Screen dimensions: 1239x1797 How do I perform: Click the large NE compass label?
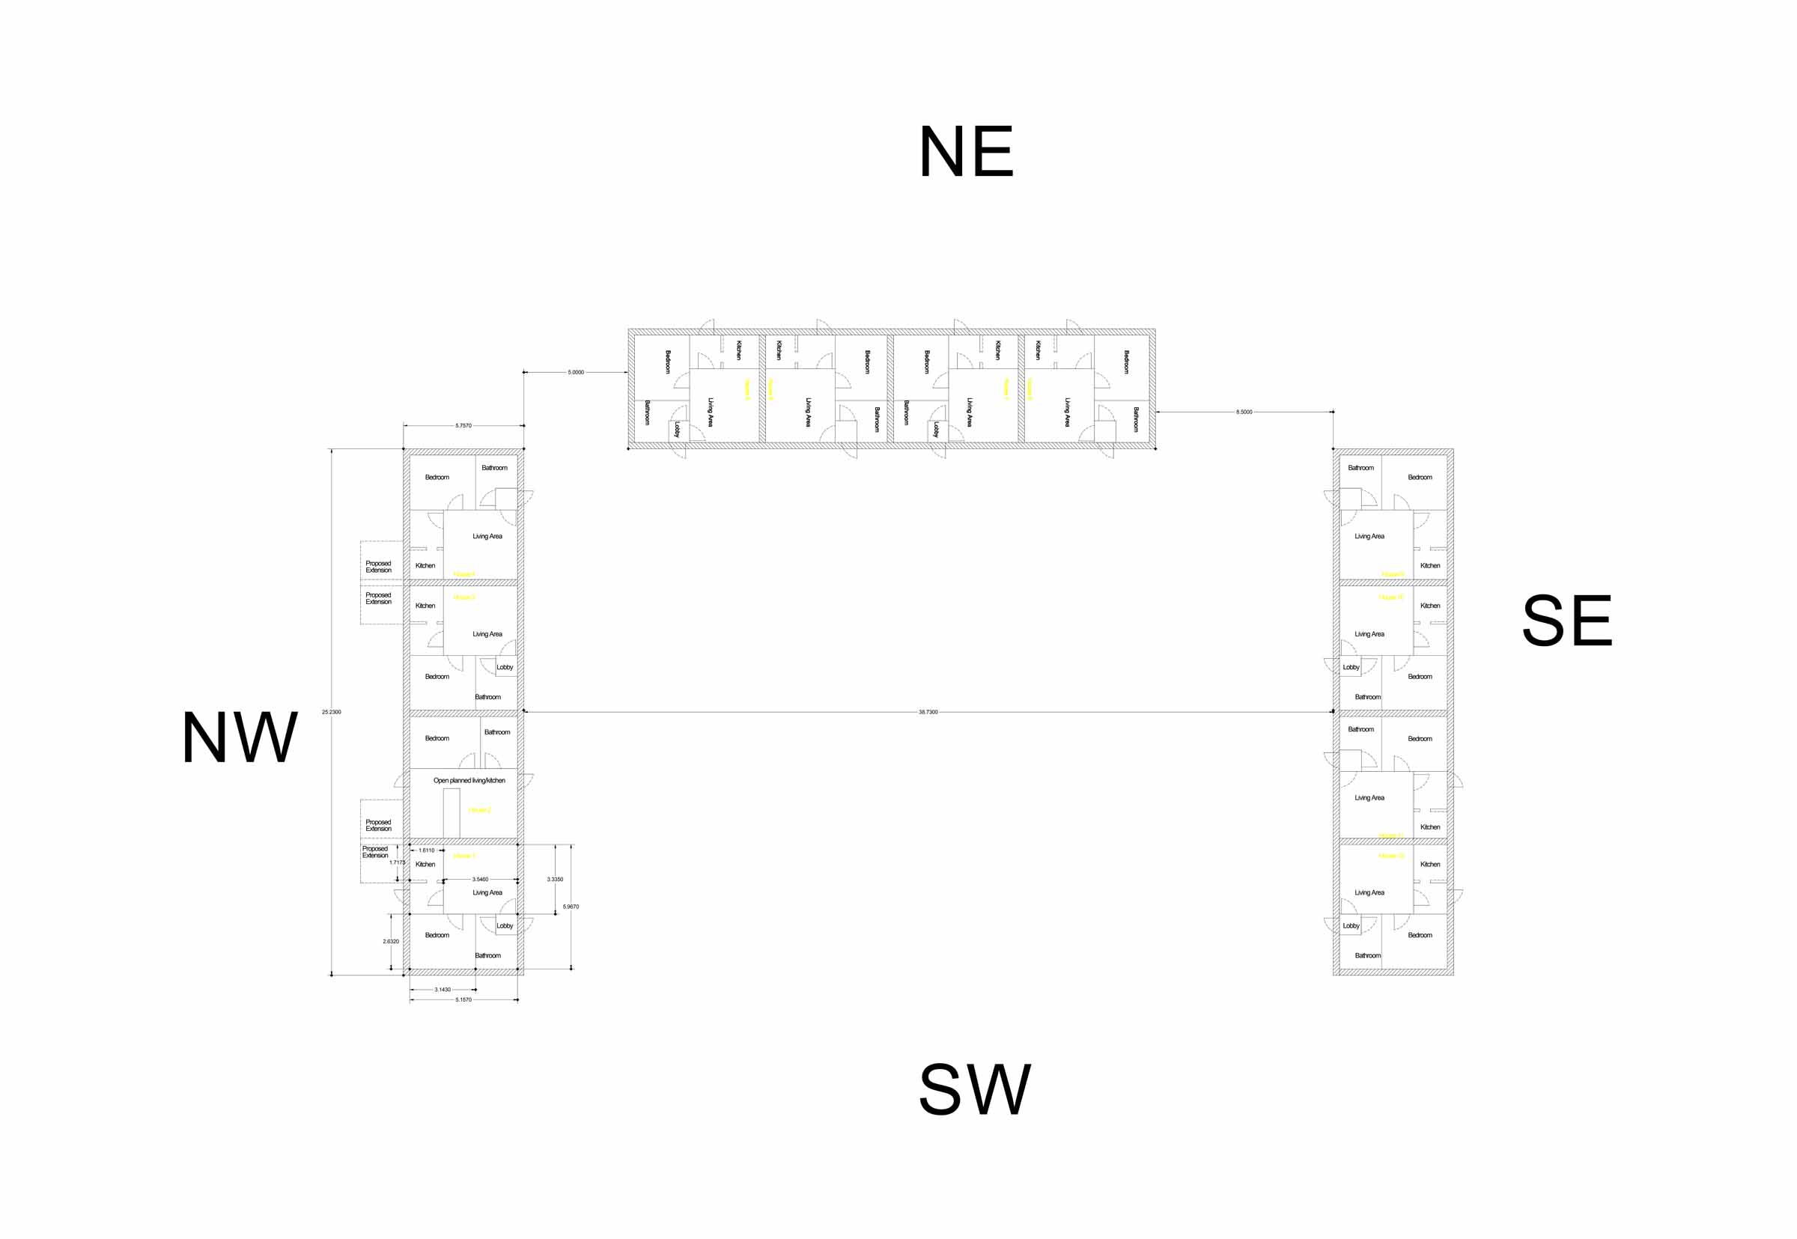[x=966, y=151]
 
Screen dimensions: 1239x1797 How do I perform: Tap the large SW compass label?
[x=974, y=1089]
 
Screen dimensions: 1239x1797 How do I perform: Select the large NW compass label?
[x=239, y=737]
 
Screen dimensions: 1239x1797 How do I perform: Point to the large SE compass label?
[x=1567, y=621]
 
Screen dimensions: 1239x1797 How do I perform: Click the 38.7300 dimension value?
[x=928, y=712]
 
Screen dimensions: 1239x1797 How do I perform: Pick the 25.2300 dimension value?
[x=332, y=712]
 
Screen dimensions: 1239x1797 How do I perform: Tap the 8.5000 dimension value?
[x=1244, y=413]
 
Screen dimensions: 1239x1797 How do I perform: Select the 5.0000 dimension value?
[x=575, y=373]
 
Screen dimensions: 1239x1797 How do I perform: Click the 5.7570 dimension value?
[x=463, y=425]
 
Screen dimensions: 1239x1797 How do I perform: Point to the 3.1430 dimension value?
[x=443, y=990]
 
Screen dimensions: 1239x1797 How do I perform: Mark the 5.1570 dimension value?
[x=463, y=1000]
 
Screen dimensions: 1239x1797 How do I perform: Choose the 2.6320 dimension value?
[x=390, y=942]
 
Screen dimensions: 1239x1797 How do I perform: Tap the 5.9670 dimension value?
[x=571, y=907]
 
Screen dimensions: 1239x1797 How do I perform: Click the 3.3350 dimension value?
[x=555, y=880]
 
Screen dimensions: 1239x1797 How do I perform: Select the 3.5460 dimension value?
[x=481, y=880]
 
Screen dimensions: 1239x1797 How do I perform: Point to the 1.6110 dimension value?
[x=427, y=851]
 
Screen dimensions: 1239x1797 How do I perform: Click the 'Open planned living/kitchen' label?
[x=469, y=780]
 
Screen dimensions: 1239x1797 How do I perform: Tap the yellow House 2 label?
[x=479, y=811]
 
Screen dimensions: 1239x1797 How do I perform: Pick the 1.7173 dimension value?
[x=398, y=862]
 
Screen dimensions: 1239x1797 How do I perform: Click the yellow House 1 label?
[x=463, y=856]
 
